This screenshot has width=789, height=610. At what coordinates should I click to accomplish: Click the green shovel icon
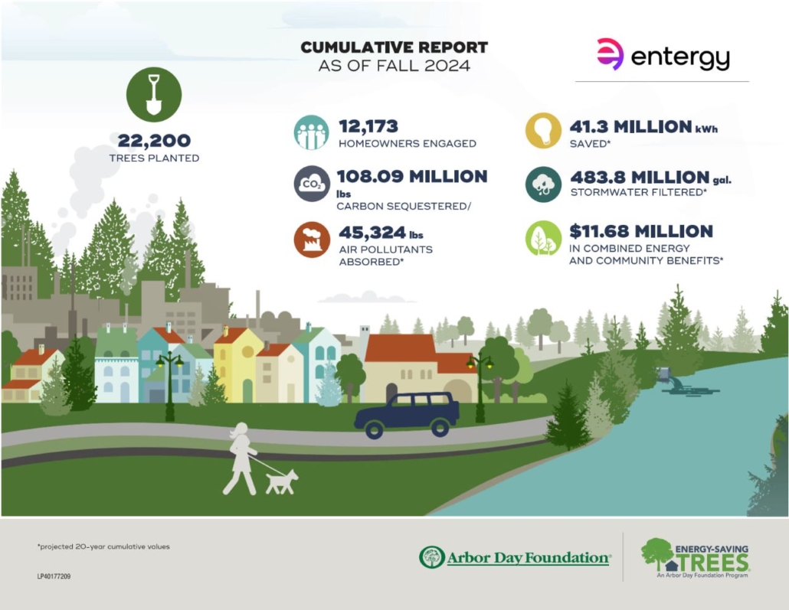(154, 95)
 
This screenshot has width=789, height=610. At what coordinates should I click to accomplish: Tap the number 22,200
(154, 141)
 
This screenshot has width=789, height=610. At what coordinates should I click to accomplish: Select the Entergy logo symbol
(611, 54)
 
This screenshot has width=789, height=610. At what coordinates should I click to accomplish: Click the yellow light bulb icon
(543, 131)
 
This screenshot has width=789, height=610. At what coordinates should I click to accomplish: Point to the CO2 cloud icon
(312, 184)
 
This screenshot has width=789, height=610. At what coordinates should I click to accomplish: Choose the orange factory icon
(312, 240)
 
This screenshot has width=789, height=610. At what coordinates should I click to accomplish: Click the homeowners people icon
(312, 132)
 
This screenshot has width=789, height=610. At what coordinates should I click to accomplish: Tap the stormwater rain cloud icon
(543, 184)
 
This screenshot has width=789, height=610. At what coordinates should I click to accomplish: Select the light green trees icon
(543, 238)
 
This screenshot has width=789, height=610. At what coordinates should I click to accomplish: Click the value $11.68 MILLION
(641, 231)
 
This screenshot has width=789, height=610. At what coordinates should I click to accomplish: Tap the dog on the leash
(282, 481)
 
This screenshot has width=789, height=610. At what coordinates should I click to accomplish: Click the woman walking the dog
(241, 458)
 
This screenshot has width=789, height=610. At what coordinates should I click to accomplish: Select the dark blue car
(407, 415)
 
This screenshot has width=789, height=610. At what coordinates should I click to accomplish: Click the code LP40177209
(54, 576)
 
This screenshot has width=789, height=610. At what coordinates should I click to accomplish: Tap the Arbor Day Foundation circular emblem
(432, 557)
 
